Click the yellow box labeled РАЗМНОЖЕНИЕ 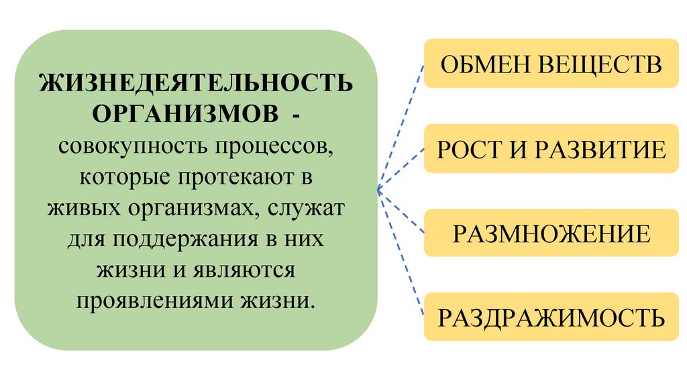[551, 233]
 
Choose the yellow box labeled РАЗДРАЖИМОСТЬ [551, 317]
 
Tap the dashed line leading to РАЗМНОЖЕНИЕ [402, 211]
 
